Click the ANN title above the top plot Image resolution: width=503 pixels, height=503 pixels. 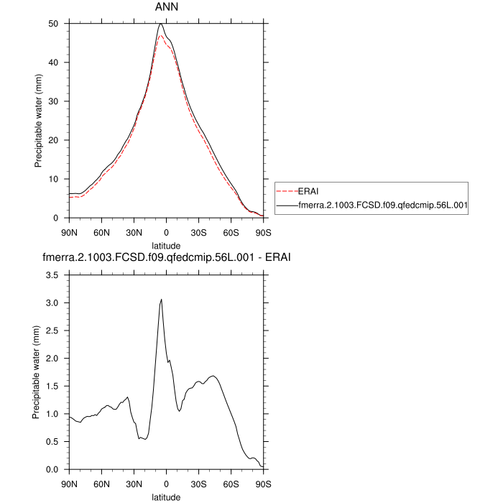click(x=166, y=7)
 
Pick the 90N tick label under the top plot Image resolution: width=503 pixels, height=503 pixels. click(x=69, y=232)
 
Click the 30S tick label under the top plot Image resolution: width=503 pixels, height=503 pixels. click(x=198, y=232)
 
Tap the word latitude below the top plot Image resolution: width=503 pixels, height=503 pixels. click(x=166, y=244)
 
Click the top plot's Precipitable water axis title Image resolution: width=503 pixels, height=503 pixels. click(x=37, y=121)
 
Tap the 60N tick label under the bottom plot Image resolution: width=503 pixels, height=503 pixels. click(x=101, y=484)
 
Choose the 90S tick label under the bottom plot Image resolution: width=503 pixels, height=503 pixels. click(x=263, y=484)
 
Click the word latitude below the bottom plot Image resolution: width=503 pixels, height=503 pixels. click(x=166, y=496)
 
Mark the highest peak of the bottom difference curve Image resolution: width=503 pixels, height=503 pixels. click(x=162, y=300)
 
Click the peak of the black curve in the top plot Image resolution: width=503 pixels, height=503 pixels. click(x=161, y=24)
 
